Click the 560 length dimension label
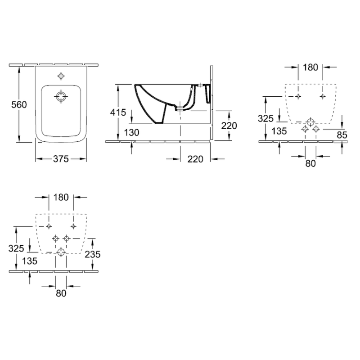point(19,105)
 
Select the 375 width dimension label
point(61,159)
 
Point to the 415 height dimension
point(118,112)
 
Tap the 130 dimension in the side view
point(131,132)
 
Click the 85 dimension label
point(342,135)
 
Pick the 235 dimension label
point(93,254)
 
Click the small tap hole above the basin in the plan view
point(61,76)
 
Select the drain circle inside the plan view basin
point(61,96)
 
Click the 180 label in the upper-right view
point(310,67)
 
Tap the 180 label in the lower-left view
point(61,197)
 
